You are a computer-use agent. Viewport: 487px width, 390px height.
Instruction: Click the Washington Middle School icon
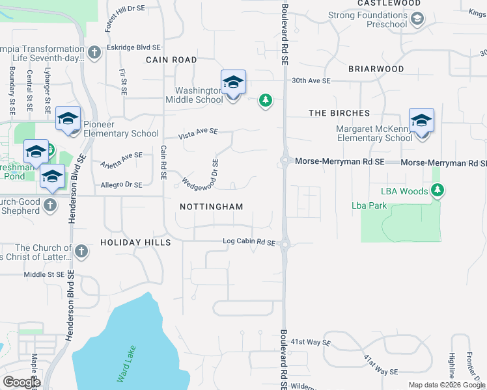(233, 83)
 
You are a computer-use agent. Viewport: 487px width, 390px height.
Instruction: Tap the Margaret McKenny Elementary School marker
(421, 121)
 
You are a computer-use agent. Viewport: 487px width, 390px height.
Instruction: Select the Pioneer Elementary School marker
(68, 120)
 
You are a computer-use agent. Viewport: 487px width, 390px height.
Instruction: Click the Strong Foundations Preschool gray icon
(417, 19)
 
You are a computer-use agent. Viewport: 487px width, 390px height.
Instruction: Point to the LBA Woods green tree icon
(439, 190)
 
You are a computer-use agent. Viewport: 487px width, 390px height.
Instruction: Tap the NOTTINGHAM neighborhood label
(212, 207)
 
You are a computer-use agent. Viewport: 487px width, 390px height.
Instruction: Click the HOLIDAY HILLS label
(135, 242)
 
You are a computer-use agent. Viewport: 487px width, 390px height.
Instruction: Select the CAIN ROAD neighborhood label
(171, 60)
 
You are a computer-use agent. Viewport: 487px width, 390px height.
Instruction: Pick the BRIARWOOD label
(376, 68)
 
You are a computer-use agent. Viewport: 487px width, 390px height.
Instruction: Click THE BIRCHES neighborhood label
(339, 113)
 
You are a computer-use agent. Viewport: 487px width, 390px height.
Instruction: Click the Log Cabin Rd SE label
(249, 242)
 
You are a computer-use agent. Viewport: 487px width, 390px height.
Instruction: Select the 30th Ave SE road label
(311, 81)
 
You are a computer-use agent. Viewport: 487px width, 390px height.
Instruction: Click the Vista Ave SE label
(199, 133)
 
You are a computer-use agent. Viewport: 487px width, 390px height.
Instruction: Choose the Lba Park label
(369, 205)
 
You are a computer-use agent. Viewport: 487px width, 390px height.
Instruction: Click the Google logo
(21, 382)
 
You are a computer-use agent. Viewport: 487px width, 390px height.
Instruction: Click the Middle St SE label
(44, 275)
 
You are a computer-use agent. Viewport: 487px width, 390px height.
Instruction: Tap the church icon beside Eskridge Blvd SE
(94, 52)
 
